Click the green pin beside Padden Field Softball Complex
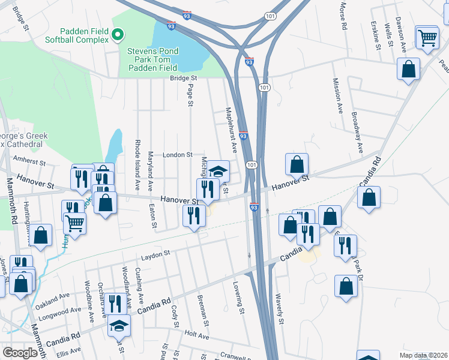point(118,35)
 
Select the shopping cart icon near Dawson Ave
point(427,38)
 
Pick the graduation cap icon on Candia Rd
point(119,326)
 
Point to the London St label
point(175,154)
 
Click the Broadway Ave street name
point(358,131)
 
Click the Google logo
point(21,353)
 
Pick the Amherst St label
point(31,162)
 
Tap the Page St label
point(190,95)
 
